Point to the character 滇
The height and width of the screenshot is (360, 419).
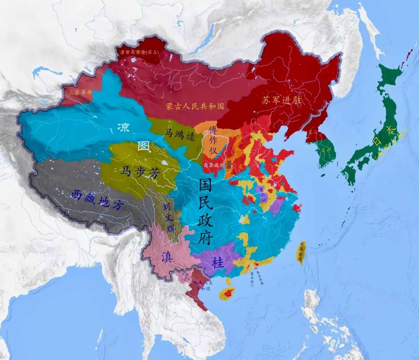[168, 257]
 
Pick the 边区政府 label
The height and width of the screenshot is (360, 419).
[214, 165]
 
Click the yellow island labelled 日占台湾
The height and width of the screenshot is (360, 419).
[301, 252]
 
